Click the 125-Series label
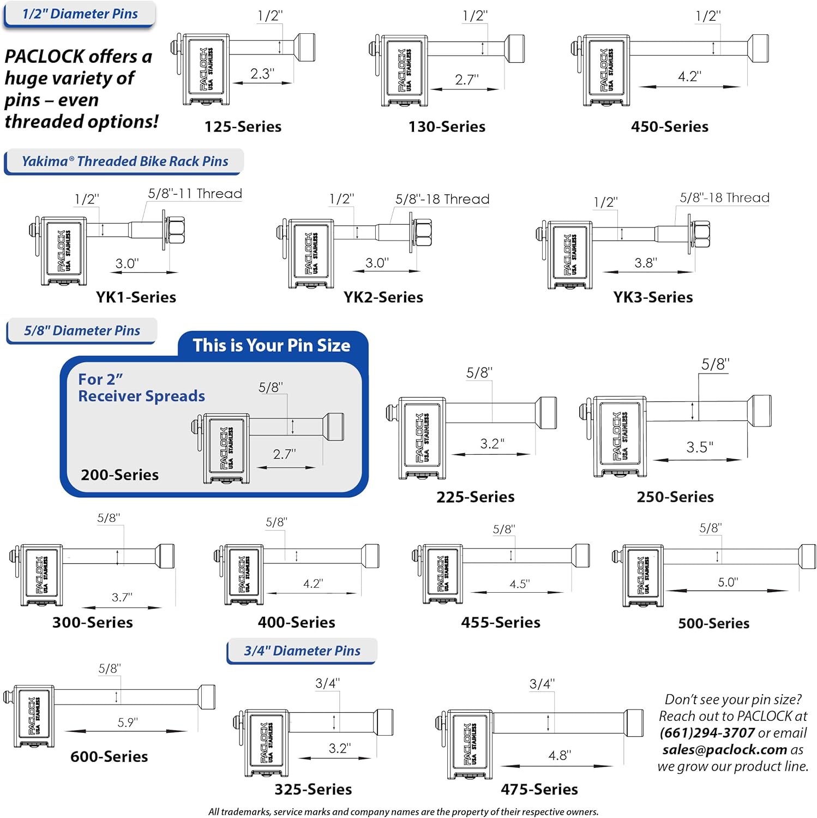tap(243, 127)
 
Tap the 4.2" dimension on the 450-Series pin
tap(689, 76)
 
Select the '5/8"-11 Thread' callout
tap(195, 194)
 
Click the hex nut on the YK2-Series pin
tap(423, 233)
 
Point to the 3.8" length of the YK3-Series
tap(645, 263)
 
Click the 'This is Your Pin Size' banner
tap(271, 345)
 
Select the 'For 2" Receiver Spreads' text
tap(141, 387)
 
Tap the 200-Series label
tap(119, 474)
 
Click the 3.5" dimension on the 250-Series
tap(699, 447)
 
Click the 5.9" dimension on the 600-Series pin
tap(128, 722)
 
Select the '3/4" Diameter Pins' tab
tap(302, 651)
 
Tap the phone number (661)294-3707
tap(707, 732)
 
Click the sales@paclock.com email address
tap(724, 749)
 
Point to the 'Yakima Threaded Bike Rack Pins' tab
tap(125, 161)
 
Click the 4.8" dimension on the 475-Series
tap(560, 755)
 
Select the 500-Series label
tap(713, 623)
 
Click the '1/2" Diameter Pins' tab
tap(80, 14)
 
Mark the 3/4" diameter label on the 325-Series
tap(327, 683)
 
